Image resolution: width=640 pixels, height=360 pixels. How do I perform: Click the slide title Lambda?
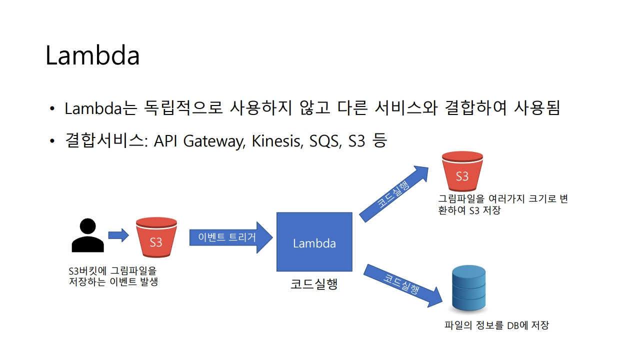[92, 55]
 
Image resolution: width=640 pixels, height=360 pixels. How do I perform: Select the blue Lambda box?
[314, 242]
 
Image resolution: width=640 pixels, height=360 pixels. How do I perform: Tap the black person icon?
[88, 235]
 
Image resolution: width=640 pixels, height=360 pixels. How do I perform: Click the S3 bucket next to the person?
[156, 237]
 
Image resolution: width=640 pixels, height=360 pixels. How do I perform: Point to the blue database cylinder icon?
[468, 288]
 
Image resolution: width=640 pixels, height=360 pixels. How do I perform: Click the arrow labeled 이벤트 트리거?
[230, 237]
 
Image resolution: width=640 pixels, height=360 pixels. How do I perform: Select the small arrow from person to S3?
[118, 234]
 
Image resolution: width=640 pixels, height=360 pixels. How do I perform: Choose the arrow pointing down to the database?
[403, 285]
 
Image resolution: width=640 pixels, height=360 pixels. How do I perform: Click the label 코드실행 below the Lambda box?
[314, 284]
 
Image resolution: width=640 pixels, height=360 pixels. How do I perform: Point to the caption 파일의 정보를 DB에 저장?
[496, 325]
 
